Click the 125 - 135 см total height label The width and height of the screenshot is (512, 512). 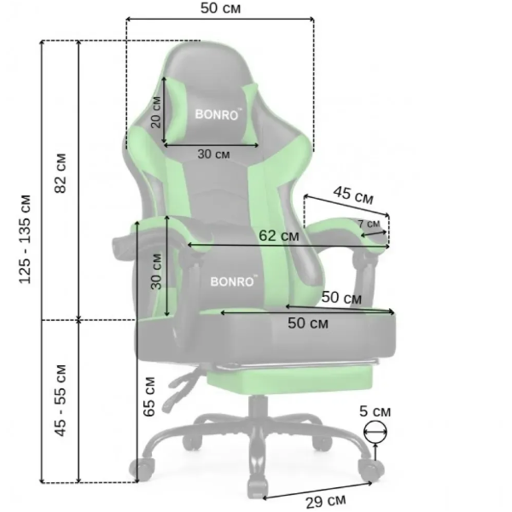tap(26, 239)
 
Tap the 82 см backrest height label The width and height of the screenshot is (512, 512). tap(61, 173)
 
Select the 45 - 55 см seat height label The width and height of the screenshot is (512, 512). tap(61, 400)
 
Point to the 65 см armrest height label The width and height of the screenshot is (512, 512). tap(149, 397)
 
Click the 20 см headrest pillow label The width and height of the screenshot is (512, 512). tap(156, 112)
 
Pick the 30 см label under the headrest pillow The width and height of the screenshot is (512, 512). tap(213, 154)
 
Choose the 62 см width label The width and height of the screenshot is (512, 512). tap(279, 236)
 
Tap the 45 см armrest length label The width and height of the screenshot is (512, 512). tap(353, 195)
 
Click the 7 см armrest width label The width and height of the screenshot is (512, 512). tap(369, 224)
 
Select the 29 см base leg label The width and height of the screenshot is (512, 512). tap(326, 501)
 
